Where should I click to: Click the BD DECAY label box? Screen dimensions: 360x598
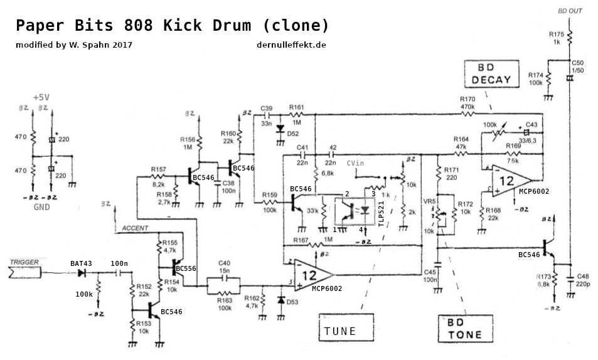[492, 74]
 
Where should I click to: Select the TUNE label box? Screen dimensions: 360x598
[341, 331]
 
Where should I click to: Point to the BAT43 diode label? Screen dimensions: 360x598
[81, 263]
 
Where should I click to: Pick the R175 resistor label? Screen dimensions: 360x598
[556, 34]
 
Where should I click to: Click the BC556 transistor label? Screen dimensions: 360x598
[187, 268]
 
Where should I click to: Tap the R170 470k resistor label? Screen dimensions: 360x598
[467, 103]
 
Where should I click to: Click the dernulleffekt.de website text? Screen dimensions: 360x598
[291, 45]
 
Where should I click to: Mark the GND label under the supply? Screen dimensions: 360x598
[41, 206]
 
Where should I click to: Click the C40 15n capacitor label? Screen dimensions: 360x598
[225, 267]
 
